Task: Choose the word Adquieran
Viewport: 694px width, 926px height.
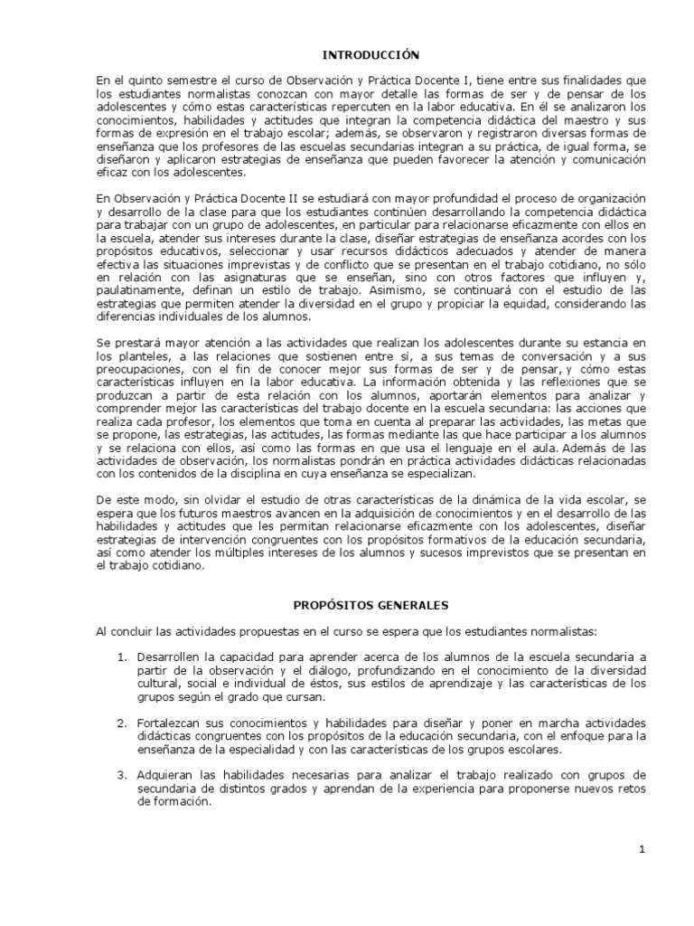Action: click(166, 775)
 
